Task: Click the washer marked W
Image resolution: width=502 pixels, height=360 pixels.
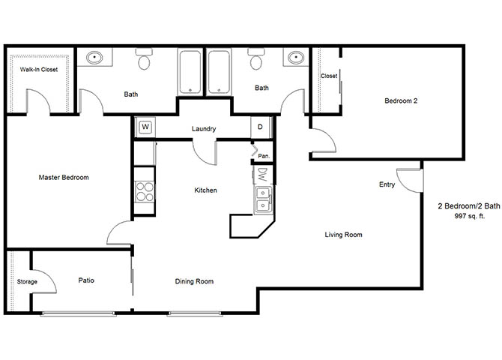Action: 145,127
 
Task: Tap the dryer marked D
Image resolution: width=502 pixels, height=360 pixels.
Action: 261,127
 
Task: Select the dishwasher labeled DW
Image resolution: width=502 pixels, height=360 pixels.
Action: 262,175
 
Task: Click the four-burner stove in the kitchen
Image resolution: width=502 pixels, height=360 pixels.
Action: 144,192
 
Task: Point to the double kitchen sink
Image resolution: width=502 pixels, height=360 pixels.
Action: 263,200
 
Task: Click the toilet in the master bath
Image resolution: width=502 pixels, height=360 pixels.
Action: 144,59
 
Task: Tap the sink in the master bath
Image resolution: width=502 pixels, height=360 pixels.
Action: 94,58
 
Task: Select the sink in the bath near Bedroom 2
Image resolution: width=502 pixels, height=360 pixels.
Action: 295,58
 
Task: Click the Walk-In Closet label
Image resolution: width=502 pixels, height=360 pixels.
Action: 39,69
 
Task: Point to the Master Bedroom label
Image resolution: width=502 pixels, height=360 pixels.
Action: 64,177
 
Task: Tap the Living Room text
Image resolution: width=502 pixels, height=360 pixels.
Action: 343,235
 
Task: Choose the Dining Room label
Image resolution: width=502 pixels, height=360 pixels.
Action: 194,281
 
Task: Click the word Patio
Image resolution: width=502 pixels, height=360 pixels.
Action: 86,280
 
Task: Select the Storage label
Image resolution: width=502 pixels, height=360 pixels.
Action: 27,282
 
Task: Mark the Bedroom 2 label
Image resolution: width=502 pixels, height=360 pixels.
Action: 401,100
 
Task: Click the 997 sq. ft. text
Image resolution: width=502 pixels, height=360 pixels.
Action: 470,216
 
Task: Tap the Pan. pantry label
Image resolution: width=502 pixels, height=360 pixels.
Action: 264,156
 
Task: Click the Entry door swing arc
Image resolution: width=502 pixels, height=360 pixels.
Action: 404,186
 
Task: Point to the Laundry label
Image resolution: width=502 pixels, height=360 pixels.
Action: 204,129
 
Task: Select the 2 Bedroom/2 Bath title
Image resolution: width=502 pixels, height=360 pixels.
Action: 469,206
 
